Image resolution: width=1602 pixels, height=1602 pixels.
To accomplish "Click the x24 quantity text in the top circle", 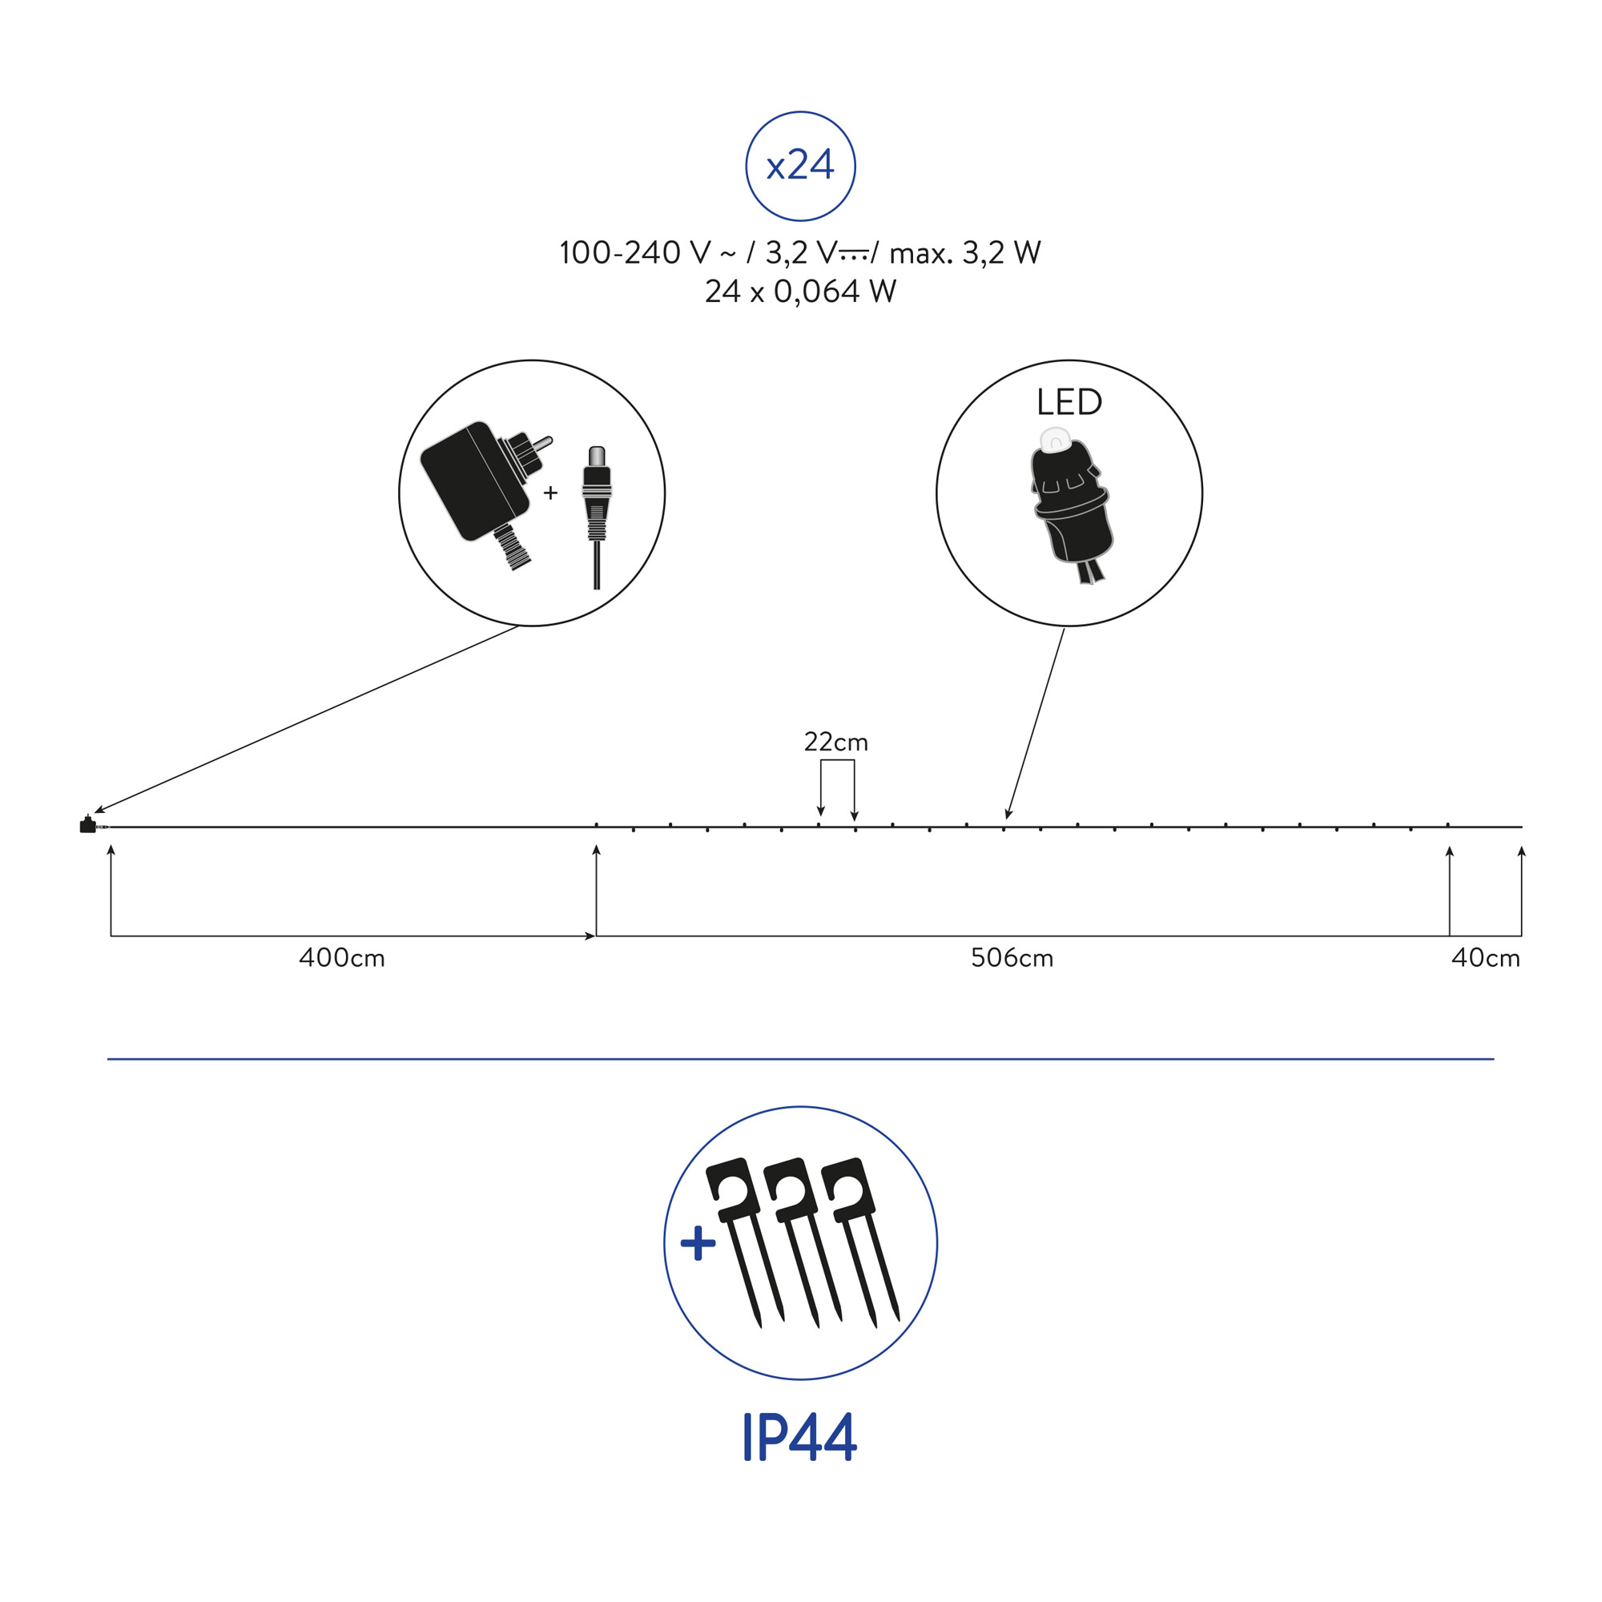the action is click(x=800, y=166).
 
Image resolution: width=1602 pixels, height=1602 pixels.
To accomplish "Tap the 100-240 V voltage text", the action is click(x=635, y=253).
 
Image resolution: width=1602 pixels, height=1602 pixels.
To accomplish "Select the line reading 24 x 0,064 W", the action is click(x=800, y=292).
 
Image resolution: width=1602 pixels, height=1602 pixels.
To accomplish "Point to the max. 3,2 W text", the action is click(x=965, y=253).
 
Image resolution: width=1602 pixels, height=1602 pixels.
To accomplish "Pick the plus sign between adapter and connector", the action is click(x=550, y=493).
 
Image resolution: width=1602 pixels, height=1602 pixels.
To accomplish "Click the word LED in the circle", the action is click(x=1069, y=402).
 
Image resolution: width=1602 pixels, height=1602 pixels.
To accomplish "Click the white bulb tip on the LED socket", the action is click(x=1055, y=439).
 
